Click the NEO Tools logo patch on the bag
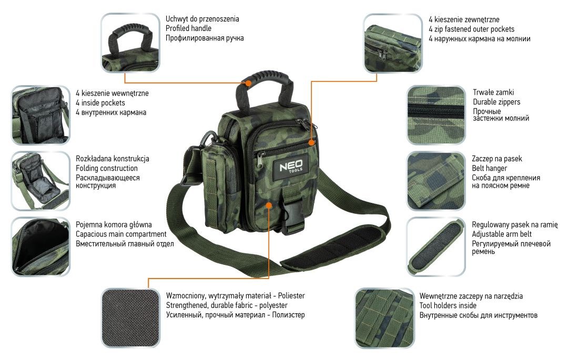(x=290, y=167)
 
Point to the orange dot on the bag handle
(x=248, y=83)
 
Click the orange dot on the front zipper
(x=311, y=142)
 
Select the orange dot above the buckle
(x=268, y=205)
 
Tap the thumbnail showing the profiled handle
(x=130, y=43)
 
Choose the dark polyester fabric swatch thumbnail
(x=130, y=318)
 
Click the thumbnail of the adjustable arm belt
(x=436, y=247)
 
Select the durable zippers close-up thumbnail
(x=436, y=115)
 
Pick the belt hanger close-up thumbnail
(x=436, y=181)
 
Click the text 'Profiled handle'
(x=188, y=28)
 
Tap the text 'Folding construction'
(x=106, y=168)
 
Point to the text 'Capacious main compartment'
(x=121, y=234)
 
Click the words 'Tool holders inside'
(x=448, y=305)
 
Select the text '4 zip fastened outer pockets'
(x=472, y=29)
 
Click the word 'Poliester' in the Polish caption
(x=291, y=295)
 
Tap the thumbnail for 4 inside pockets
(x=40, y=115)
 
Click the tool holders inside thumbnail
(x=384, y=318)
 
